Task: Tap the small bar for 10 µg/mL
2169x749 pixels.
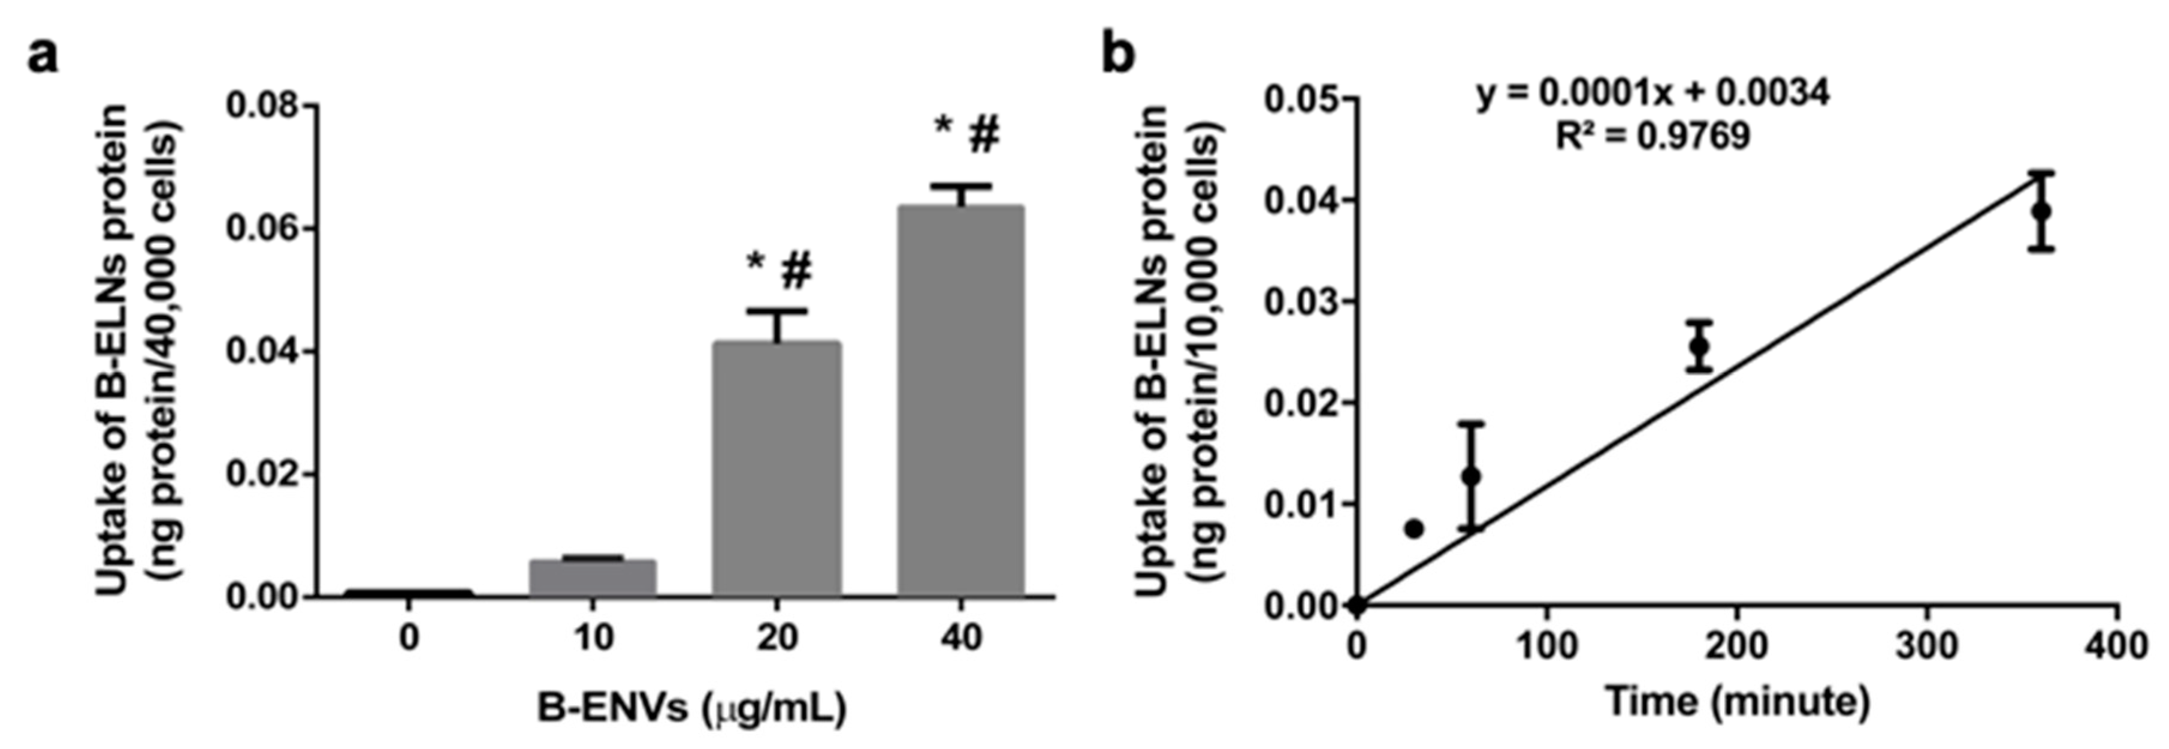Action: [592, 578]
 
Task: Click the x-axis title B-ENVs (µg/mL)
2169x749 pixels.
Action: [691, 709]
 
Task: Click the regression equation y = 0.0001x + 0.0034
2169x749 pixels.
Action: [1653, 94]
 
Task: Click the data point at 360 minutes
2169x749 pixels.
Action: [2040, 210]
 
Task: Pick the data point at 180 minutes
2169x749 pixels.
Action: [1699, 346]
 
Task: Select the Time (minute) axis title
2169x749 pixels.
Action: [1737, 701]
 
